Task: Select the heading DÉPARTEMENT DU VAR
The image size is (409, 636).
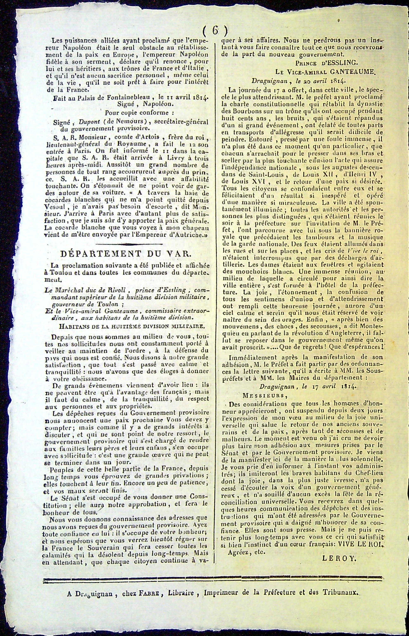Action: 125,254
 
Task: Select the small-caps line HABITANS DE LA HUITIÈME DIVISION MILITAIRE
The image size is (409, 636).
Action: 125,326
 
